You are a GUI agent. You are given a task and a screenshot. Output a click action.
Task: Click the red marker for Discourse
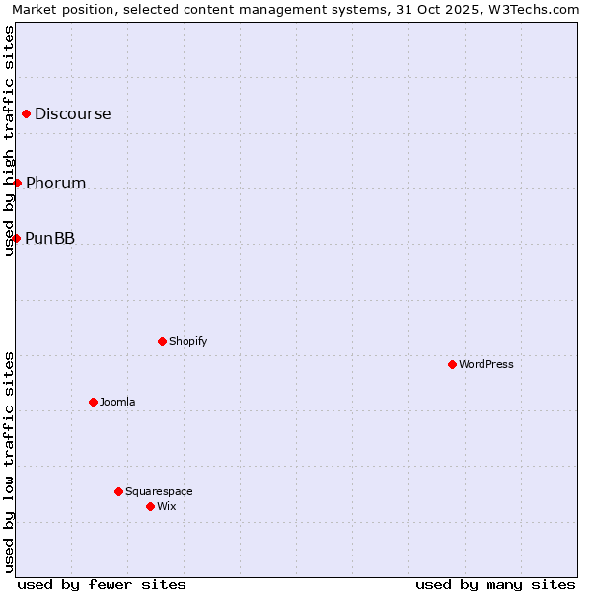click(x=26, y=113)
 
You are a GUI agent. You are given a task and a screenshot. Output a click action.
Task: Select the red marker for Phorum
click(x=17, y=183)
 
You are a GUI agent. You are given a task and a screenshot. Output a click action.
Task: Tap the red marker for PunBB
click(x=16, y=238)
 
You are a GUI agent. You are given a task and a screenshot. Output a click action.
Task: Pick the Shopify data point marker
click(x=162, y=341)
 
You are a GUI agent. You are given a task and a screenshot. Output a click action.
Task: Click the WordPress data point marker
click(x=452, y=364)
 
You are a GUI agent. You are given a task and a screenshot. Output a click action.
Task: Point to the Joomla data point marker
click(x=93, y=402)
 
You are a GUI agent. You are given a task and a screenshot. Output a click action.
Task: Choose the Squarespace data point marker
click(x=118, y=491)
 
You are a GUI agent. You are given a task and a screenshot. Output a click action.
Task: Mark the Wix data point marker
click(x=150, y=506)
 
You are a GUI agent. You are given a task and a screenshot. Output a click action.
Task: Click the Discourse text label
click(x=73, y=113)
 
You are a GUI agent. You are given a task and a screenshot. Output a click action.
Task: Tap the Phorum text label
click(x=56, y=183)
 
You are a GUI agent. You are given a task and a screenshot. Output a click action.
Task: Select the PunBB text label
click(x=50, y=238)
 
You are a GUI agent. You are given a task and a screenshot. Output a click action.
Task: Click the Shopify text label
click(x=188, y=341)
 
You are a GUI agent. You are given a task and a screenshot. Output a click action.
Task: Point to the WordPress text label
click(x=486, y=364)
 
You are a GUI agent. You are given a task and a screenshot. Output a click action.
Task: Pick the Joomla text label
click(x=117, y=402)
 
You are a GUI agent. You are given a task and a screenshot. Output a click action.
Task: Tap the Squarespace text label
click(x=159, y=491)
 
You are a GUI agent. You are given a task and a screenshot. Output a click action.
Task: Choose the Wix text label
click(x=167, y=506)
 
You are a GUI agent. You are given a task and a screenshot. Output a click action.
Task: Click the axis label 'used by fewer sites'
click(x=102, y=584)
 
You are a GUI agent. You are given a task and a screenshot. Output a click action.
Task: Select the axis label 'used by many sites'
click(x=495, y=584)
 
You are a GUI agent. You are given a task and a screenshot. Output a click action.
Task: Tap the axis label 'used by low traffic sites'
click(x=10, y=462)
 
